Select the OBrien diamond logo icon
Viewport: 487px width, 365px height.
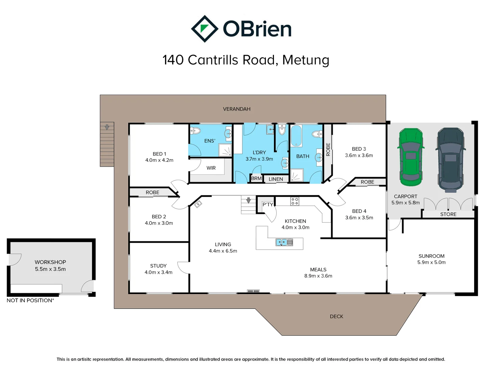204,29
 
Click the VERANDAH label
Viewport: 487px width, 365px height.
236,109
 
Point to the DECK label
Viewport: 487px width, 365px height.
337,316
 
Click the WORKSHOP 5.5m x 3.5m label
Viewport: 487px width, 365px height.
50,266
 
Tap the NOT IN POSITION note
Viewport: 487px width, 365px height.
30,300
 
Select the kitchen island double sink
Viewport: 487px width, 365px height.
284,242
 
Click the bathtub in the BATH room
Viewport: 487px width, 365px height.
296,136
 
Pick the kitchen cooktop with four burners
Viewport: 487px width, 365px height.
295,201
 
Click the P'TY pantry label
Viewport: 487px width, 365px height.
268,204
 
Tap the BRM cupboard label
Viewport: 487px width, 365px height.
256,178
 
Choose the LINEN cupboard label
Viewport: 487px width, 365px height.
276,179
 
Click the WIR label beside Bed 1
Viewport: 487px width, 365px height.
211,168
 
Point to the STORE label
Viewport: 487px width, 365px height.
448,214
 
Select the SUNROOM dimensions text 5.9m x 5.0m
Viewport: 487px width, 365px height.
431,262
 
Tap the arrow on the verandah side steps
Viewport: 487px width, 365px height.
107,127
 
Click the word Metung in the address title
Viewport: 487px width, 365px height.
306,60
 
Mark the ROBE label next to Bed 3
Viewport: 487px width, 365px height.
328,149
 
